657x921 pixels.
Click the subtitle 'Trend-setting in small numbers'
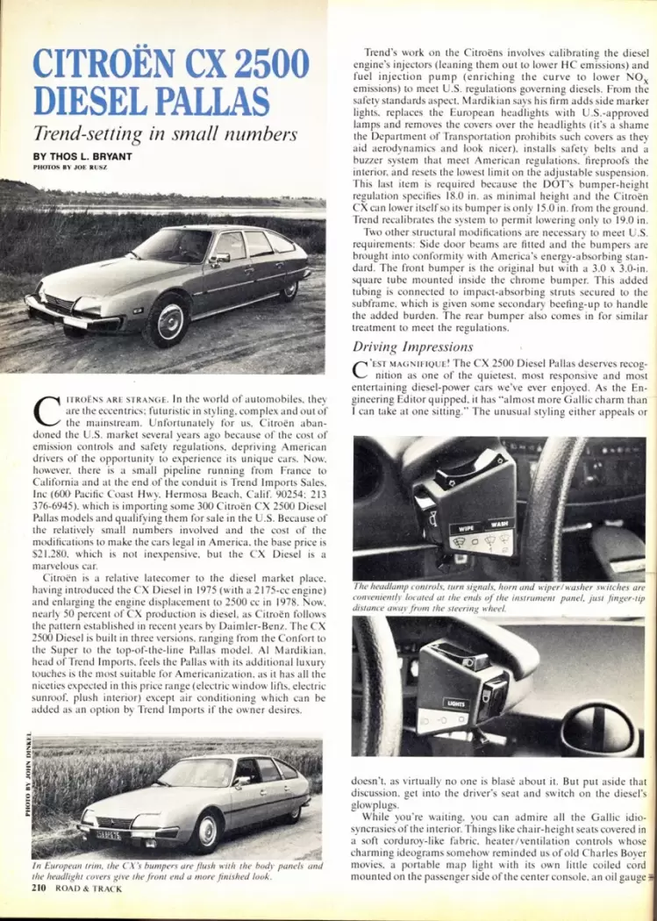coord(165,135)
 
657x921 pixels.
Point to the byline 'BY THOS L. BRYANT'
coord(83,156)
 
